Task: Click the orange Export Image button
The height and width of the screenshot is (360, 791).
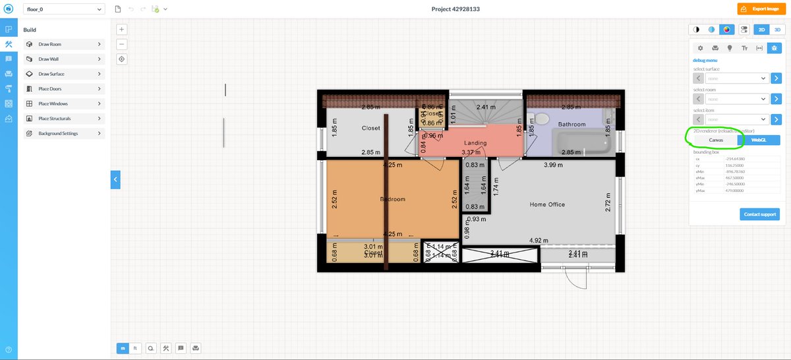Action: pos(761,9)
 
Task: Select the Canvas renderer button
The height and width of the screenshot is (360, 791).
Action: pos(715,140)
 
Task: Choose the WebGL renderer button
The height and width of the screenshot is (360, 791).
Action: pos(758,140)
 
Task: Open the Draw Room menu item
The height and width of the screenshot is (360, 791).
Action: pos(63,44)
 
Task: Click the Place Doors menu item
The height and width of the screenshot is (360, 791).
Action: pos(63,89)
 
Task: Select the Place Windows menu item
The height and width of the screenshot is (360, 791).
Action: pos(63,104)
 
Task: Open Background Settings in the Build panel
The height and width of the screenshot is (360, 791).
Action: pos(63,133)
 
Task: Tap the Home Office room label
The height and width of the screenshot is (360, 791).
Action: pos(547,204)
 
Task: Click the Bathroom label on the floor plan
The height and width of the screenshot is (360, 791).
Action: pos(571,124)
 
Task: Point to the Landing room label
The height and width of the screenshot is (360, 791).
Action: pos(475,143)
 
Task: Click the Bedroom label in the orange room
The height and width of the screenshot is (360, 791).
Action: pos(393,199)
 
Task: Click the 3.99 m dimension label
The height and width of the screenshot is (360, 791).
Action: pos(554,165)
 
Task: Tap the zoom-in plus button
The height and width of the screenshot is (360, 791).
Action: pos(122,29)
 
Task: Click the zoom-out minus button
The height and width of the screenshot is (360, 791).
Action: pos(122,44)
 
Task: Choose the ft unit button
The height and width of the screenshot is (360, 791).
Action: pos(135,347)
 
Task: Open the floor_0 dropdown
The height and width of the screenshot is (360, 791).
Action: pos(63,9)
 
